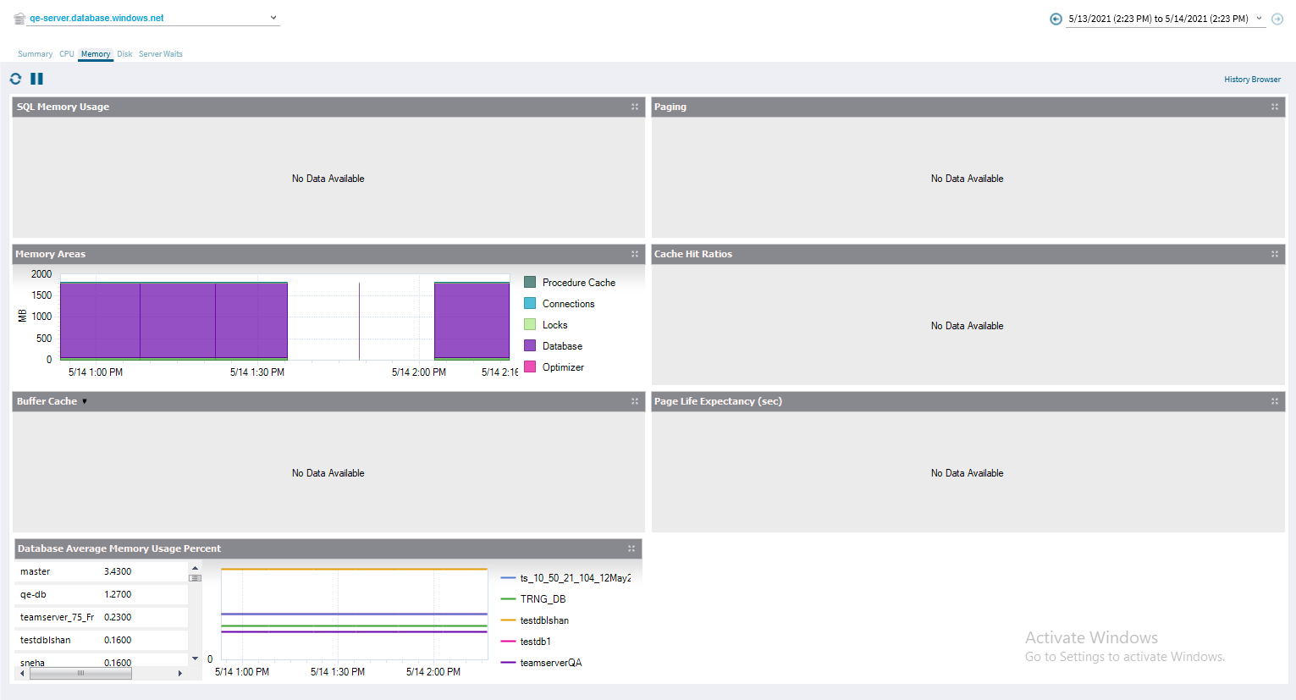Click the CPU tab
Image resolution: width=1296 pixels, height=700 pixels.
point(66,54)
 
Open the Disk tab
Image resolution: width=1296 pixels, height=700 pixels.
point(124,54)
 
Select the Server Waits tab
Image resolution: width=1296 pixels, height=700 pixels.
point(160,54)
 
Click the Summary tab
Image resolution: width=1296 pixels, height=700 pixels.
point(35,54)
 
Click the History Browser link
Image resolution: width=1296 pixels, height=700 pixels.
point(1252,80)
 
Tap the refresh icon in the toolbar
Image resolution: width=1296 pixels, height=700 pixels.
point(15,79)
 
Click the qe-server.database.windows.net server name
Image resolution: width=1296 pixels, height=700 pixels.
point(97,18)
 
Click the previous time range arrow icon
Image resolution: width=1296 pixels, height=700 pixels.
point(1056,19)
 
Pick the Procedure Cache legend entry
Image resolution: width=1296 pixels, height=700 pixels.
point(578,283)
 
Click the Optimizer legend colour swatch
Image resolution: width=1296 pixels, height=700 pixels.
point(530,367)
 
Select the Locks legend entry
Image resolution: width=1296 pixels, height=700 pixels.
point(554,325)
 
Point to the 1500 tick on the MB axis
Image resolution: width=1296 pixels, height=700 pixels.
point(41,295)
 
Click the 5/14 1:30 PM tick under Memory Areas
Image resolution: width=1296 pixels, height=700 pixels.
point(257,372)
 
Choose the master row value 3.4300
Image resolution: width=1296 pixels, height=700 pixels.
point(118,571)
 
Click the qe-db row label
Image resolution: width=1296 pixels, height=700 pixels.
point(33,594)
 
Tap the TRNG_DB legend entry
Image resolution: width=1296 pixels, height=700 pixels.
point(543,599)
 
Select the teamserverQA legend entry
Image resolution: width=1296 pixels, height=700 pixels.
point(550,663)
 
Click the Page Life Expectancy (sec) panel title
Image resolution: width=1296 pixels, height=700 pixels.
point(718,401)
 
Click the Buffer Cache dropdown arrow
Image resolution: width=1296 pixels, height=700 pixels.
point(85,401)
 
